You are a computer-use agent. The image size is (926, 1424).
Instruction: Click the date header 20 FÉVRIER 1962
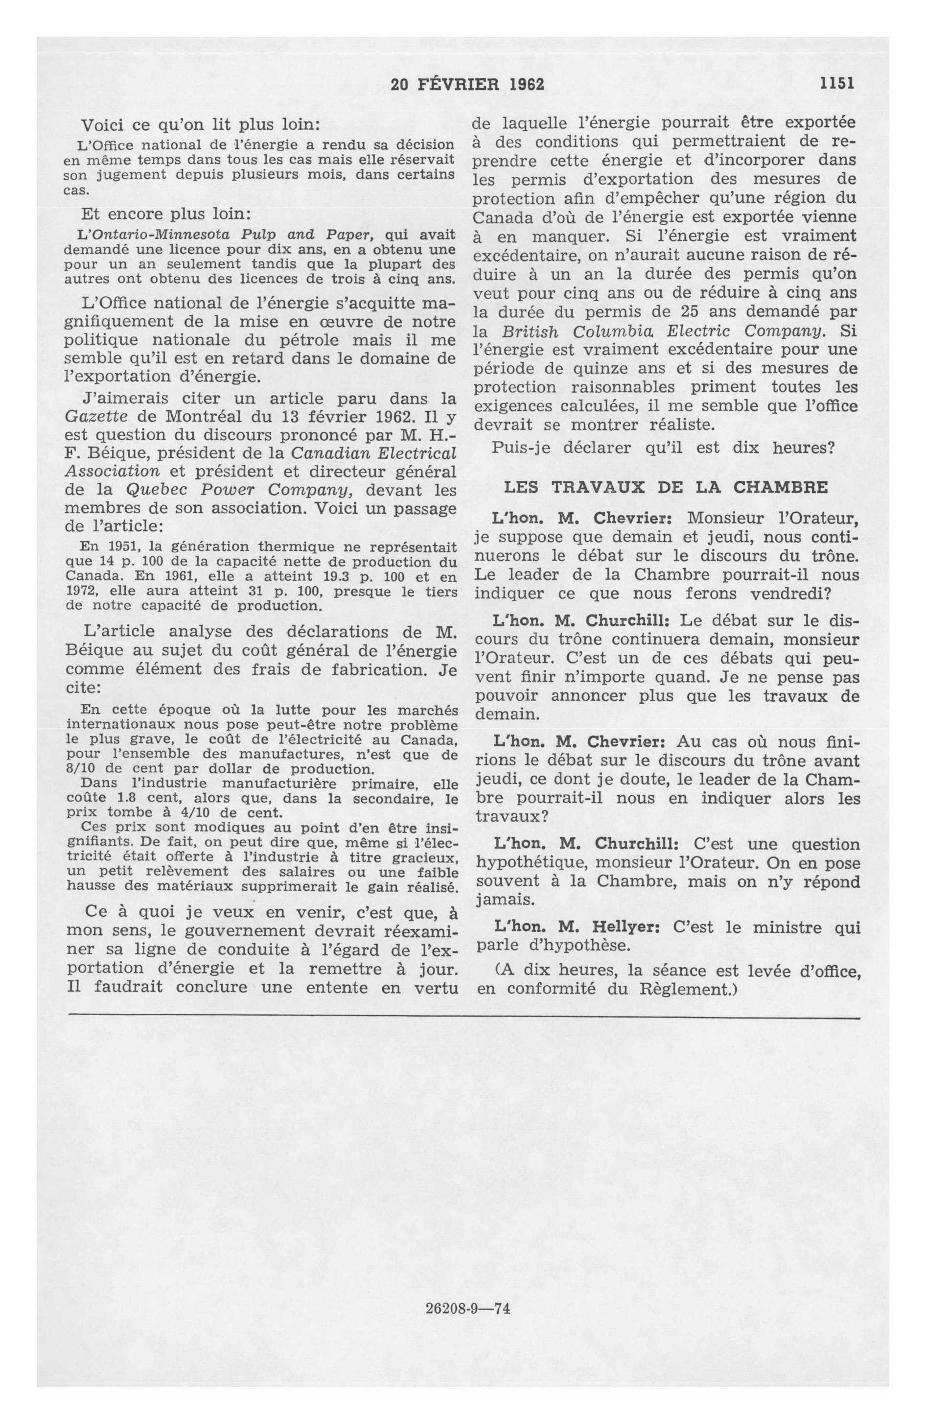click(x=467, y=85)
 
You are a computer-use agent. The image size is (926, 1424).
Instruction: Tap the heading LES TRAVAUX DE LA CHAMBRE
click(x=666, y=486)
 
